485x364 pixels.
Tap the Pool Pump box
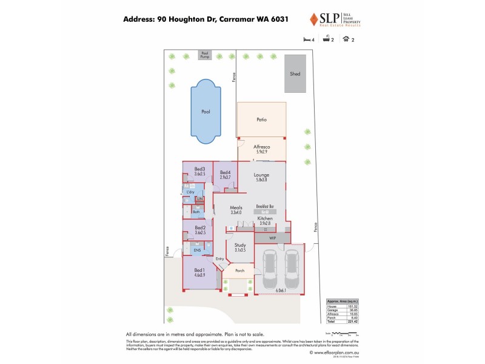204,55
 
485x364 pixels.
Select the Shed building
295,73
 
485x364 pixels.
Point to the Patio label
261,120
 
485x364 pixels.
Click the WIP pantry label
273,238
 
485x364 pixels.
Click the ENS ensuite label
197,250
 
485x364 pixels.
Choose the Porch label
239,271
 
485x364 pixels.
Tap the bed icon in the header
307,39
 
